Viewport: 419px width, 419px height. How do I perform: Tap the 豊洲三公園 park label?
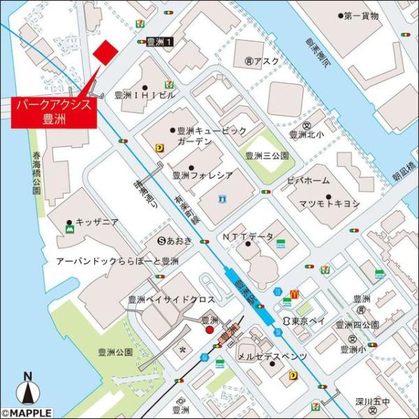click(267, 156)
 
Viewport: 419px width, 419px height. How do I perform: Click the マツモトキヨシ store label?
click(330, 203)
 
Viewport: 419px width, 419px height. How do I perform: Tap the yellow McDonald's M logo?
click(294, 295)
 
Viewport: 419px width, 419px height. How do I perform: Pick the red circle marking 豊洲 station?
click(209, 330)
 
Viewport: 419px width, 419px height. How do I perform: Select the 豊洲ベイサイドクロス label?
click(171, 299)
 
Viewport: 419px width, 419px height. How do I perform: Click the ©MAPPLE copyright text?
click(26, 413)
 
